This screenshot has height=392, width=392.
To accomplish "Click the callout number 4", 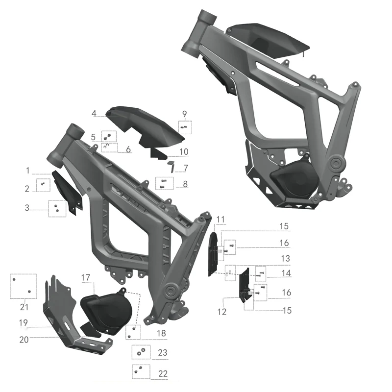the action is tap(94, 113).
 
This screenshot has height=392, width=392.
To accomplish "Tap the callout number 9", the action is tap(185, 114).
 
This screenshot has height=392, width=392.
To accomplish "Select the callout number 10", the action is tap(184, 151).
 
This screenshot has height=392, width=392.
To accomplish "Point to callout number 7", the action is tap(186, 168).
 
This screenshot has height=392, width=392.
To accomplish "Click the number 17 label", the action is tap(85, 277).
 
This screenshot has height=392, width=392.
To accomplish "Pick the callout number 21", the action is tap(24, 307).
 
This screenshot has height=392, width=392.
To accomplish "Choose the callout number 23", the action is tap(163, 352).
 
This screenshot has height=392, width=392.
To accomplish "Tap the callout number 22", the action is tap(163, 373).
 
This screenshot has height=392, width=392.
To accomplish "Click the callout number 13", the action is tap(286, 258).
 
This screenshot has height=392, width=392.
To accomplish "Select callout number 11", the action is tap(220, 220).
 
